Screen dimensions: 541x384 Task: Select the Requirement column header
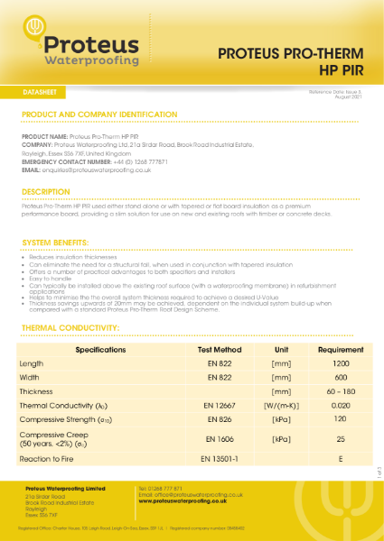pyautogui.click(x=340, y=349)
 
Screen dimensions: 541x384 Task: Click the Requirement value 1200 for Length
pyautogui.click(x=340, y=363)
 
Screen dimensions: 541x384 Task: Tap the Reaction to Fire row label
pyautogui.click(x=52, y=459)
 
